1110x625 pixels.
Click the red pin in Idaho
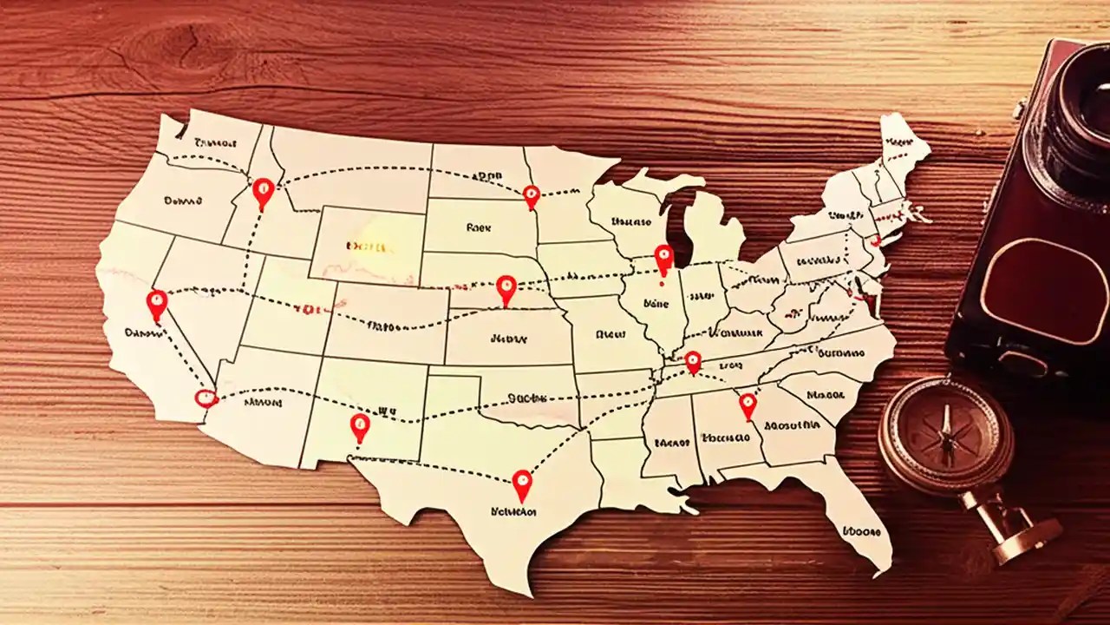click(264, 191)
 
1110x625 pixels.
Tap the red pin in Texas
click(521, 483)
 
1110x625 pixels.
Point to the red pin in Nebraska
click(506, 287)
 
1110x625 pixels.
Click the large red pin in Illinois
click(663, 258)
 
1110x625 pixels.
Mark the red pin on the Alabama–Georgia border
click(747, 404)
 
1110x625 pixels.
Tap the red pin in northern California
click(157, 303)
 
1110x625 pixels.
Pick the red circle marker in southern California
click(206, 398)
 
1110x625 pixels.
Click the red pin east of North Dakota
click(532, 195)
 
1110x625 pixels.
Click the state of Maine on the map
click(902, 148)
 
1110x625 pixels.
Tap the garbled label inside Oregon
click(182, 201)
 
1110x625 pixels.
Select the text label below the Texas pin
click(513, 512)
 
